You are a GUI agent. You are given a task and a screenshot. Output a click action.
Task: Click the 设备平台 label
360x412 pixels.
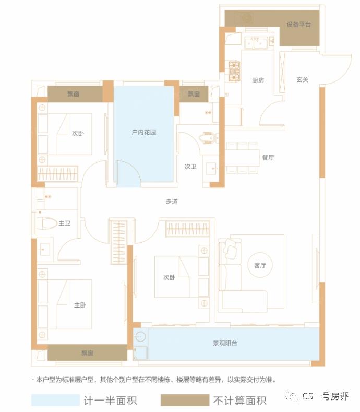[299, 25]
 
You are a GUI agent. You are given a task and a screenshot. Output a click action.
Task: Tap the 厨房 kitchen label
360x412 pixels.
[258, 80]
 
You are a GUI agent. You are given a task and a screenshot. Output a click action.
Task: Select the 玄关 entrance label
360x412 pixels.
[303, 79]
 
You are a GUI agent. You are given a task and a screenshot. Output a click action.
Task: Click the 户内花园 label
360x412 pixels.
[144, 133]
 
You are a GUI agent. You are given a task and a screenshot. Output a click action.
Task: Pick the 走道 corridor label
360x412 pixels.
[172, 202]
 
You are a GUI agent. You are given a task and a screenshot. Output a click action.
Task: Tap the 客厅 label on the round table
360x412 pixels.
[260, 266]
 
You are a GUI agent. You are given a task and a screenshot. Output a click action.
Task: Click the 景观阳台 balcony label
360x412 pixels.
[225, 343]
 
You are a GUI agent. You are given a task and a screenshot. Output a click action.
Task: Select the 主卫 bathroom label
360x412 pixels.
[64, 223]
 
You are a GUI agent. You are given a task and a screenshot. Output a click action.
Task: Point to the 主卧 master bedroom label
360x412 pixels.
[80, 305]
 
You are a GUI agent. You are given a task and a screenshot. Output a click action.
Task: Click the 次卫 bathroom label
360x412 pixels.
[190, 167]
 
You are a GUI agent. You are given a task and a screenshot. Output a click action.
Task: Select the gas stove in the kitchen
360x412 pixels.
[233, 72]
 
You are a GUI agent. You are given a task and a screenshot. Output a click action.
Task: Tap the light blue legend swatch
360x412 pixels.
[54, 401]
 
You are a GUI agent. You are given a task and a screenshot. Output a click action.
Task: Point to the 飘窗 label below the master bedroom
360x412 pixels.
[87, 354]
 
